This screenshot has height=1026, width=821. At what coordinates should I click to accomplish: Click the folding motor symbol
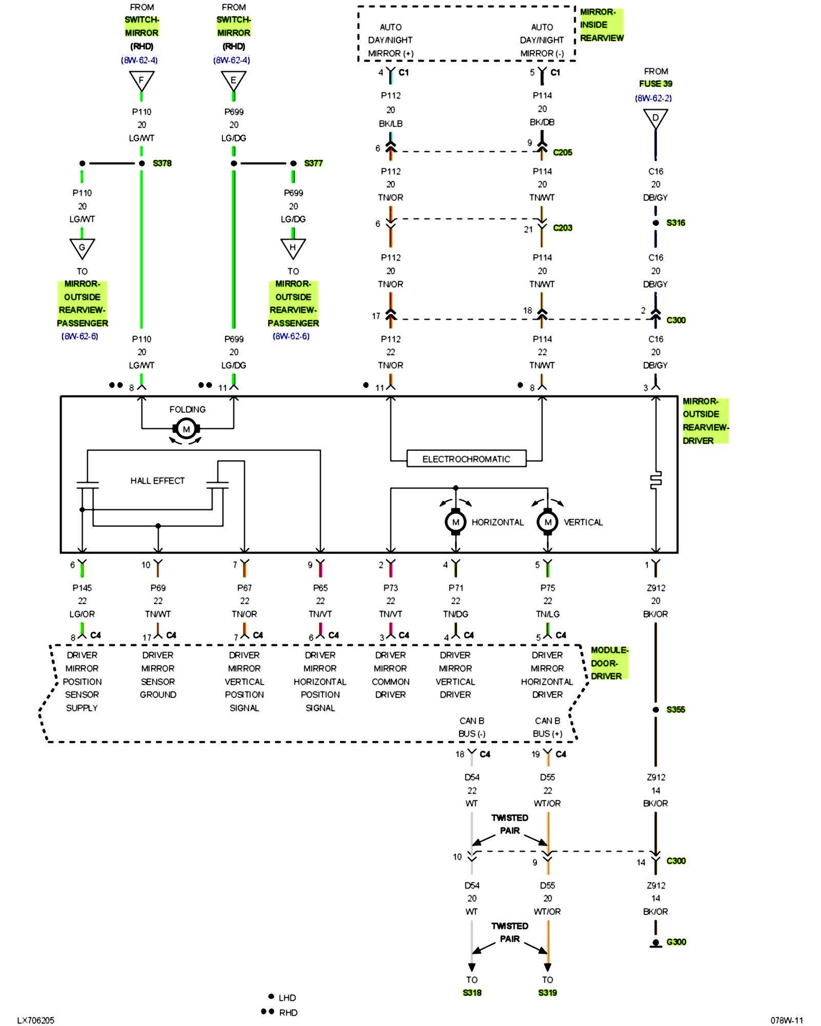186,429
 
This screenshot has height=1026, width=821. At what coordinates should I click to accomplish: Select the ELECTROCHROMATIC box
466,459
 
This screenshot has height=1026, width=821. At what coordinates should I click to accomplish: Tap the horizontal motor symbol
455,522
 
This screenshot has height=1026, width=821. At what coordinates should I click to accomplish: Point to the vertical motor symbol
548,522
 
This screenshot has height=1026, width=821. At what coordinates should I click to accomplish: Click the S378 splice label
162,163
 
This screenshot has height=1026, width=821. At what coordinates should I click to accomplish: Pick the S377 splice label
313,163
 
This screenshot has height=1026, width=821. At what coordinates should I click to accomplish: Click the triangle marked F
142,81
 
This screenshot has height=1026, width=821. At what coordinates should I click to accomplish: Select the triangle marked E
233,81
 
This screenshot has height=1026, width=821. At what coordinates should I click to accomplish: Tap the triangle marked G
82,248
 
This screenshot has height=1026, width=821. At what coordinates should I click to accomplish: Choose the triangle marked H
293,248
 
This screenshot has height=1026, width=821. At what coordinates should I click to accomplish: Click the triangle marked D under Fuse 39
655,119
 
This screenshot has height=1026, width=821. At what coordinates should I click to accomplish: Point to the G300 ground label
676,942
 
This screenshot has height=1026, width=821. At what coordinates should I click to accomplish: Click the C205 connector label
562,152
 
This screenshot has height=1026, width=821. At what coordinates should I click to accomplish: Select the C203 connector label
562,228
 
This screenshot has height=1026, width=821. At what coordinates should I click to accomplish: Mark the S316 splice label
676,223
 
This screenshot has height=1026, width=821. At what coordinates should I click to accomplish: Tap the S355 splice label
676,709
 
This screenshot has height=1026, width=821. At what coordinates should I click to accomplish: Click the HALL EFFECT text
157,481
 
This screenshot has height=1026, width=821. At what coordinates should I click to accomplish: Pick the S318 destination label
472,993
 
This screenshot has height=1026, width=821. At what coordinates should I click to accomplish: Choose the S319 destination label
548,993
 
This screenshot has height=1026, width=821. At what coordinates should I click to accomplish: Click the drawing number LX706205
35,1020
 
